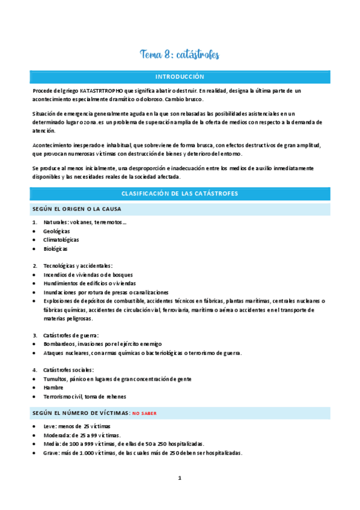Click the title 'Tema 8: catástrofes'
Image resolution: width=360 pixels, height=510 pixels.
[x=180, y=55]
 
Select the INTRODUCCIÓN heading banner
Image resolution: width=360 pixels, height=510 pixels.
[x=180, y=77]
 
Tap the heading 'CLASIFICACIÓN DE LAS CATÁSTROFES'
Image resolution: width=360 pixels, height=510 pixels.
[x=180, y=194]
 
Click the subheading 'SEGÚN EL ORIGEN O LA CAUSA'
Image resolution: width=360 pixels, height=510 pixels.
[x=76, y=209]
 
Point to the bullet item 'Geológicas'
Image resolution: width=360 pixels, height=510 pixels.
[x=56, y=231]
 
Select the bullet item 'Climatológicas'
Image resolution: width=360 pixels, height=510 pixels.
[x=61, y=239]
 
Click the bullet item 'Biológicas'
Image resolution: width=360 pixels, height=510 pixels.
[x=55, y=248]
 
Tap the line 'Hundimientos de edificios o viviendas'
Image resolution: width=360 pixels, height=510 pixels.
[x=89, y=283]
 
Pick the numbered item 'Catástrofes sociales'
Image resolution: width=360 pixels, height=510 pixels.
[x=68, y=370]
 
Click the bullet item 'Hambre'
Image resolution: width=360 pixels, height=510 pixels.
[x=53, y=387]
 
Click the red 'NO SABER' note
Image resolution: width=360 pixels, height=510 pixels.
[x=144, y=413]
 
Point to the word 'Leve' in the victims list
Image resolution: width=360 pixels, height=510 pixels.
[x=50, y=426]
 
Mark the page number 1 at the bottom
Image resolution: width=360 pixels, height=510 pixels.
[x=179, y=478]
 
